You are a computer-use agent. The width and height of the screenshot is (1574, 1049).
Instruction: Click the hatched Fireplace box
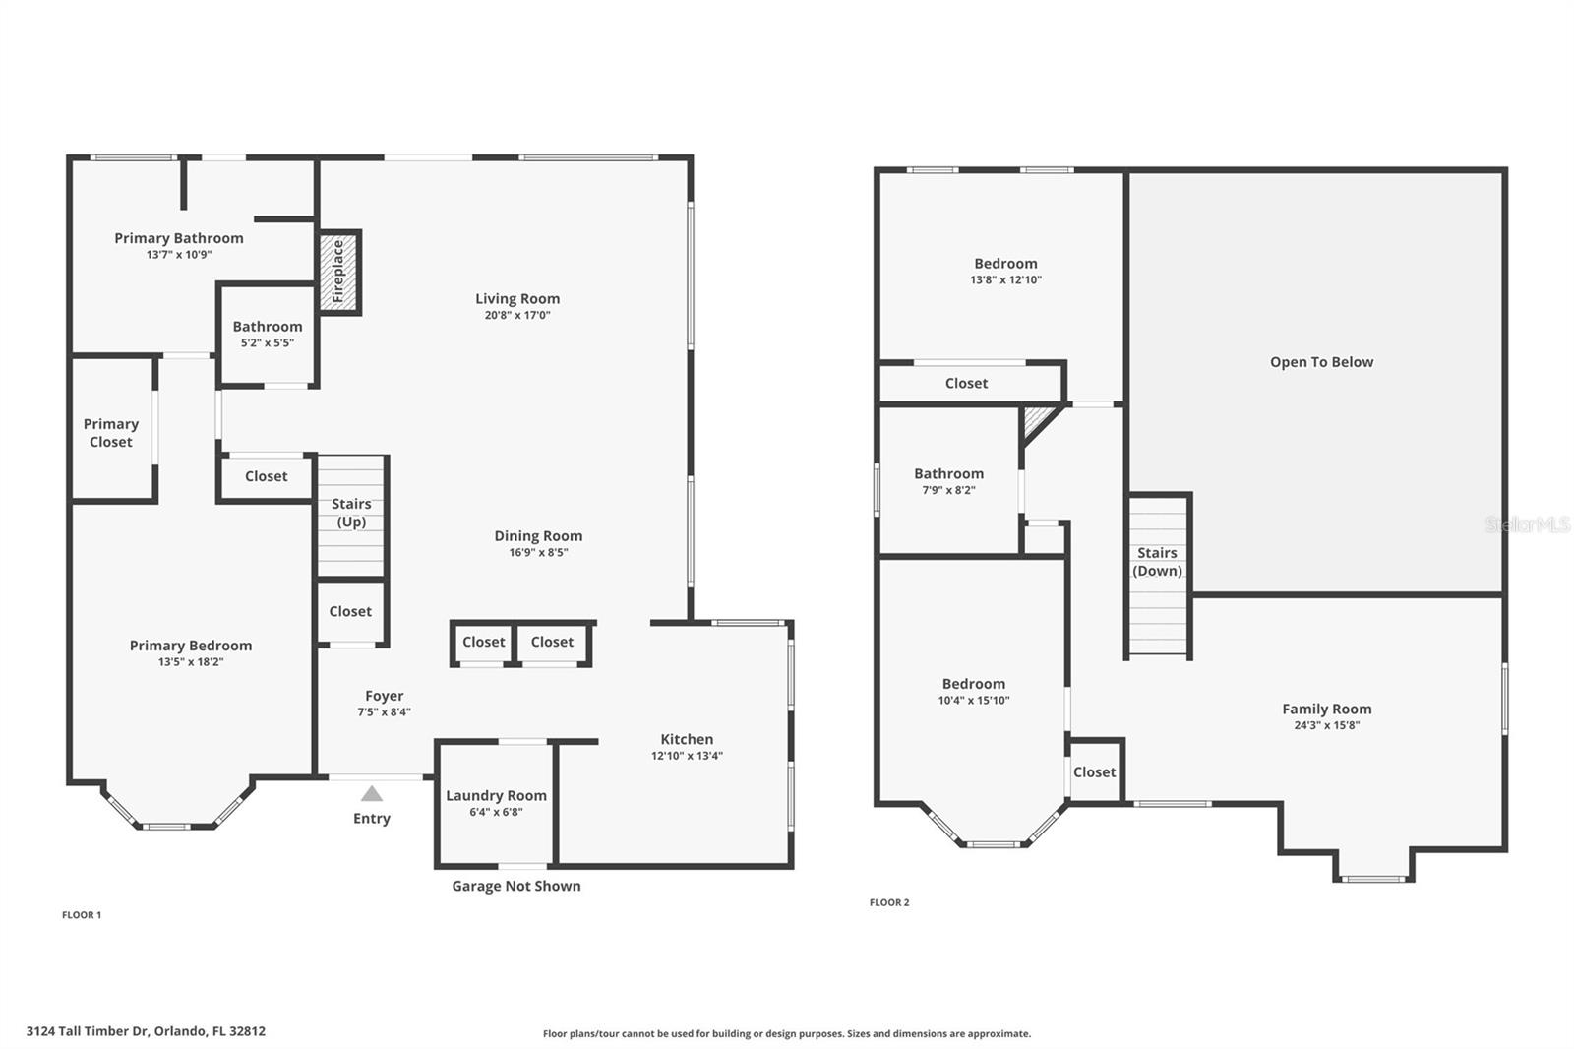pos(338,273)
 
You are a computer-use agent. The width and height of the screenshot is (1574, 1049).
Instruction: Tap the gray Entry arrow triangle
pos(372,794)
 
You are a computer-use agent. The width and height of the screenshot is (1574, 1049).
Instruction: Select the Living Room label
pos(517,299)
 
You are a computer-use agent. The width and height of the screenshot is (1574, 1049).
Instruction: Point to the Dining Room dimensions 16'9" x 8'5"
pos(538,553)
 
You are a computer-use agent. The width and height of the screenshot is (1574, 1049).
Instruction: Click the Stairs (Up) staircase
pos(350,516)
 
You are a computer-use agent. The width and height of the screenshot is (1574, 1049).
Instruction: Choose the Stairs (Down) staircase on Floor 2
pos(1157,575)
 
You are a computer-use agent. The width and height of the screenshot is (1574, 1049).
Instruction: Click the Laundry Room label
pos(496,795)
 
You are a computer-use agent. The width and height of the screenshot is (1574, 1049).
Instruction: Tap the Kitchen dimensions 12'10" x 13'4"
pos(687,756)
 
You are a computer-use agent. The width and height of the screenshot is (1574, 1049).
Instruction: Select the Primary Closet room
pos(112,429)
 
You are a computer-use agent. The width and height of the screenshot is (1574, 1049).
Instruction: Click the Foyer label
pos(385,696)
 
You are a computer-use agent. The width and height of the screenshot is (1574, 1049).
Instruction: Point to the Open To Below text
pos(1321,362)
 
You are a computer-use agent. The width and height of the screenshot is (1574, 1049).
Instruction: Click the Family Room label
pos(1327,709)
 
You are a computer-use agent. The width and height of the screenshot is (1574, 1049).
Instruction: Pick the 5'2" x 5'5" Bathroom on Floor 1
pos(267,335)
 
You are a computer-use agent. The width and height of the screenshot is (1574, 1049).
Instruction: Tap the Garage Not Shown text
pos(516,886)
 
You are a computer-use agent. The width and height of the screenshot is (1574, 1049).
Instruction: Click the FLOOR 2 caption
pos(889,902)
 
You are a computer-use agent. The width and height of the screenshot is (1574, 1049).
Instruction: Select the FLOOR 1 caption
pos(82,915)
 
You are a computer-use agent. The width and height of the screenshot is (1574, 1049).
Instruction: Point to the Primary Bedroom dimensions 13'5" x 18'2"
pos(191,662)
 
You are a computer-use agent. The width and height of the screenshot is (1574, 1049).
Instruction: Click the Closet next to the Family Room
pos(1094,771)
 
